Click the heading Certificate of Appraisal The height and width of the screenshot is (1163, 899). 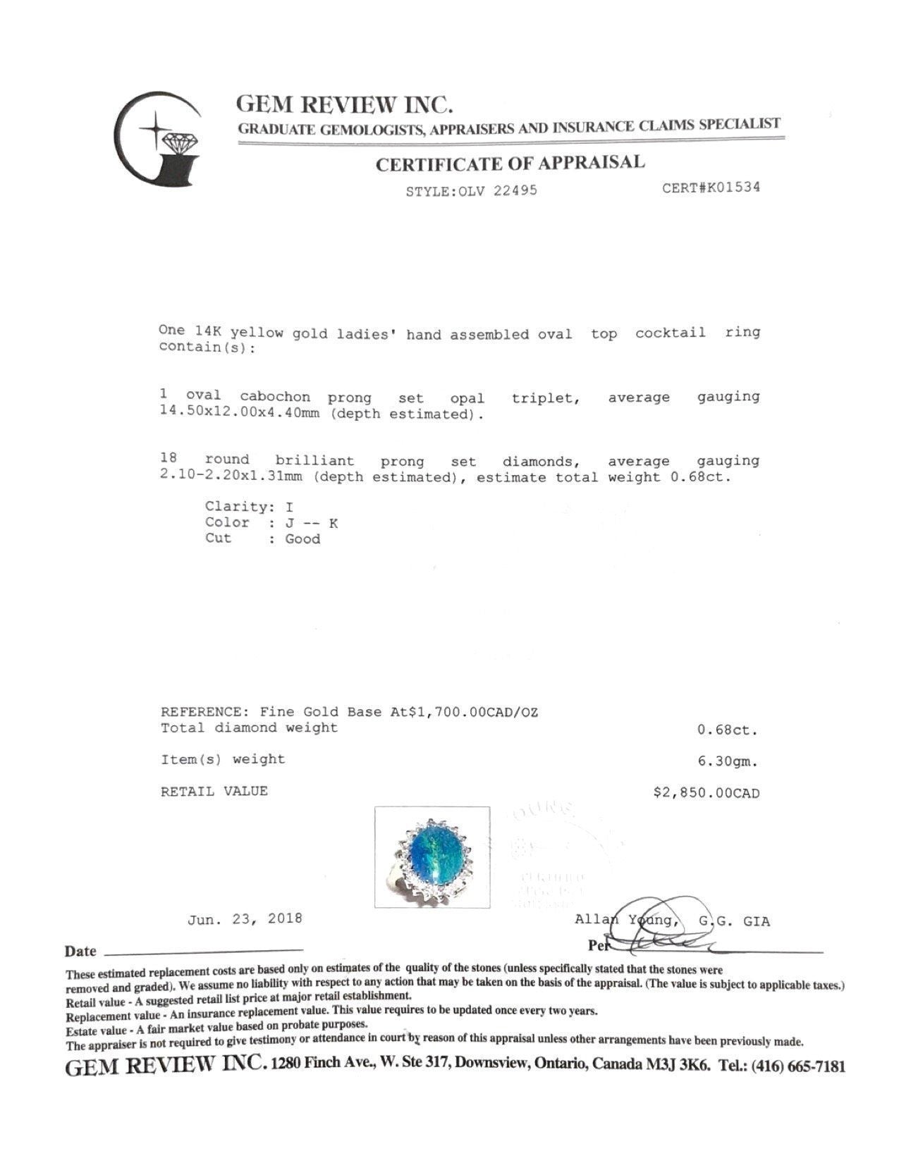tap(510, 164)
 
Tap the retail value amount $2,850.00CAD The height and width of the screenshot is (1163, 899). tap(707, 792)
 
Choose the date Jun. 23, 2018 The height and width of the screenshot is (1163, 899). tap(245, 918)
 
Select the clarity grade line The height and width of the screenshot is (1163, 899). tap(249, 507)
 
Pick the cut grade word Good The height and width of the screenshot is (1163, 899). tap(302, 539)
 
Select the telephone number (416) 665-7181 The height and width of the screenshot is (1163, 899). tap(799, 1066)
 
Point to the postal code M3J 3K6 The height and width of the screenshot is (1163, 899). tap(677, 1065)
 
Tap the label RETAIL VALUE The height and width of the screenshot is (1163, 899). tap(214, 791)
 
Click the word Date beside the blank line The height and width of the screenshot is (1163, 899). tap(80, 951)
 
